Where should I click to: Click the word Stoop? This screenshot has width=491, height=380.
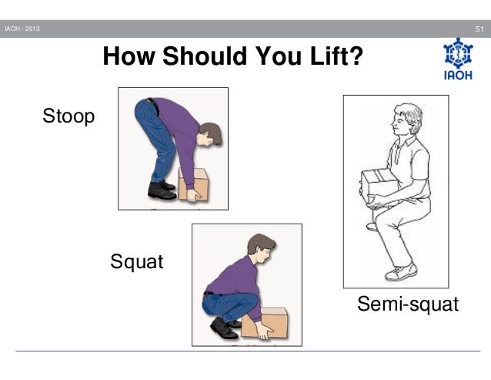[x=68, y=118]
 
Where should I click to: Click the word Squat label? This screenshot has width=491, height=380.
[x=137, y=262]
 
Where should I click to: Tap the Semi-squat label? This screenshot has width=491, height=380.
[x=408, y=306]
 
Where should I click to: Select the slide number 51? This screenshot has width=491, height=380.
[x=478, y=30]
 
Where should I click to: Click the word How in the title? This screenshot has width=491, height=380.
[x=128, y=57]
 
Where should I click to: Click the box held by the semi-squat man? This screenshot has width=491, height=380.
[x=379, y=183]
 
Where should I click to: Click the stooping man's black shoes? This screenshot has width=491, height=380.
[x=162, y=190]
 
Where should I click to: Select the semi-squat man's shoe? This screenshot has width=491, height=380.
[x=401, y=272]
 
